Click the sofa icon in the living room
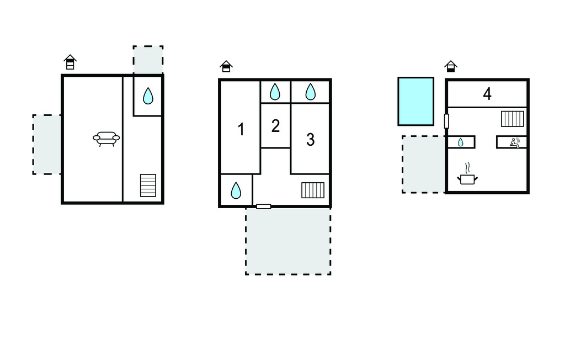tap(106, 139)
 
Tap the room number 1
tap(241, 130)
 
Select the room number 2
tap(276, 126)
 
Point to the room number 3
tap(310, 140)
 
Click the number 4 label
tap(487, 94)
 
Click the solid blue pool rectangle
tap(416, 102)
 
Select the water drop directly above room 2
tap(275, 92)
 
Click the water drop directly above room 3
tap(310, 92)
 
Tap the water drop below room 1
tap(236, 190)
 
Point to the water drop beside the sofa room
tap(148, 96)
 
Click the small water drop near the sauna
tap(461, 142)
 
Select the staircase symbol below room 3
tap(313, 190)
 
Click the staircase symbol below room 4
tap(513, 119)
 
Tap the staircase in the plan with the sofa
tap(148, 186)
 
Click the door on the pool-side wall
tap(446, 121)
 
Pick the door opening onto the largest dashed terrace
tap(263, 207)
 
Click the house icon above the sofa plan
tap(70, 62)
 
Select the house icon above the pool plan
tap(451, 66)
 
